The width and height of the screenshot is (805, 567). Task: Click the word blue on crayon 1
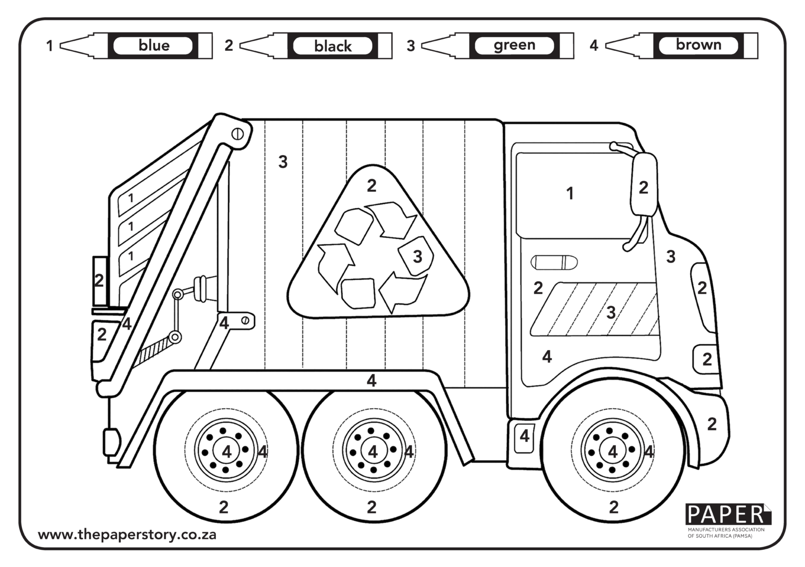[x=154, y=46]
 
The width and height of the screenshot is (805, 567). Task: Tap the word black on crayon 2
[x=333, y=46]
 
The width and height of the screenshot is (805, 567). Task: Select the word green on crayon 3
[x=514, y=46]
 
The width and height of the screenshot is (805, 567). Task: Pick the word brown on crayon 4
[x=698, y=45]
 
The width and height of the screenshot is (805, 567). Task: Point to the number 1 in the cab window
[x=570, y=194]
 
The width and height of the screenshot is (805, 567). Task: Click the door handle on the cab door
[x=554, y=262]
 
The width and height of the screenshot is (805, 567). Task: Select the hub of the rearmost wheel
[x=226, y=451]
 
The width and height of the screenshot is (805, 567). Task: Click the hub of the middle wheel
[x=373, y=451]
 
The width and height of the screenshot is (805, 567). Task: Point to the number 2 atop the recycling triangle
[x=372, y=186]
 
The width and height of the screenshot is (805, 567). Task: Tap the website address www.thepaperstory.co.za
[x=127, y=535]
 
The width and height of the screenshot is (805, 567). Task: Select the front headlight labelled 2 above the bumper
[x=705, y=359]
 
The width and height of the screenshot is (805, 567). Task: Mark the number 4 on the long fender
[x=372, y=380]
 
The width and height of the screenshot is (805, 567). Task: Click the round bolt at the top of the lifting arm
[x=237, y=133]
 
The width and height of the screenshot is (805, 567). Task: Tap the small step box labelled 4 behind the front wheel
[x=524, y=435]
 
